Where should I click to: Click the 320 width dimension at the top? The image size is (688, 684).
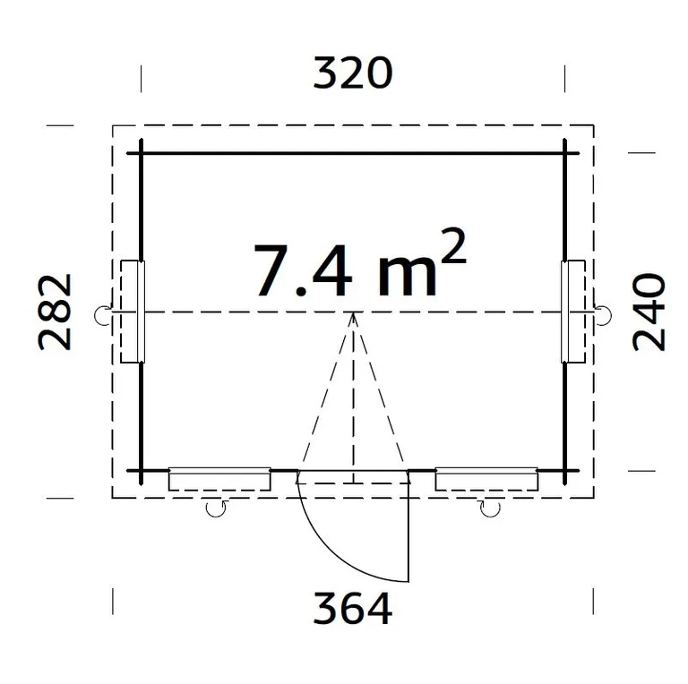(x=352, y=73)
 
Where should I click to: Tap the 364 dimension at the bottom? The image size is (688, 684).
(x=352, y=608)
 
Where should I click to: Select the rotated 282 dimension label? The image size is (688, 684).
(x=55, y=312)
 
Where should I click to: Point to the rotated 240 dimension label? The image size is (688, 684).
(x=649, y=312)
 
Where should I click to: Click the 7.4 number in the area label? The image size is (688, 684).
(x=303, y=271)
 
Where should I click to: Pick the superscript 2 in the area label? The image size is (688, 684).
(x=452, y=245)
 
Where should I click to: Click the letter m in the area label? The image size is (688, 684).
(x=407, y=278)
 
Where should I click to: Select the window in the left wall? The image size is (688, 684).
(x=133, y=312)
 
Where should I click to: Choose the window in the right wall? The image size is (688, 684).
(x=573, y=312)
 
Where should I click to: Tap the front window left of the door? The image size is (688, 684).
(x=219, y=479)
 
